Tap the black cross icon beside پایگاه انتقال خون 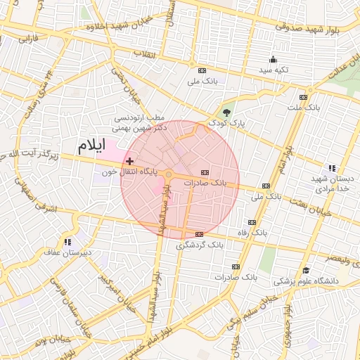click(129, 162)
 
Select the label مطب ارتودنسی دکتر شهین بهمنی click(139, 124)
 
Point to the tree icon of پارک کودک click(226, 112)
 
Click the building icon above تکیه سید click(273, 59)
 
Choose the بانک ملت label click(303, 108)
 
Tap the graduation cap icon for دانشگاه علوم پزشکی click(305, 271)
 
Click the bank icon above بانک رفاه click(252, 222)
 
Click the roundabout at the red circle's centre click(169, 174)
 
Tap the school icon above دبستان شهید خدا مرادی click(331, 167)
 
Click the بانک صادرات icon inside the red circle click(205, 172)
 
